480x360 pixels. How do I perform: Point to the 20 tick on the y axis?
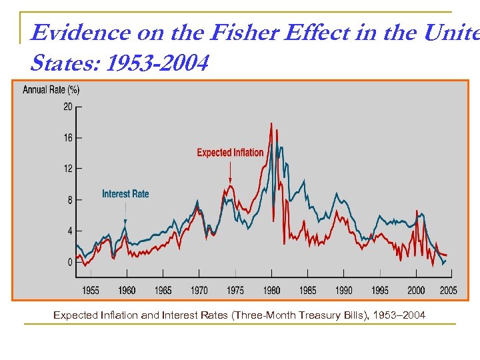pyautogui.click(x=68, y=107)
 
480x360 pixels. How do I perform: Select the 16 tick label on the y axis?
pyautogui.click(x=68, y=138)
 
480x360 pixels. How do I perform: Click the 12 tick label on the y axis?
pyautogui.click(x=68, y=169)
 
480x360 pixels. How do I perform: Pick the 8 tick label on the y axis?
pyautogui.click(x=70, y=200)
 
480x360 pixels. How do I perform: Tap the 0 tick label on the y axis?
pyautogui.click(x=70, y=262)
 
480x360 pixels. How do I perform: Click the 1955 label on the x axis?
pyautogui.click(x=91, y=290)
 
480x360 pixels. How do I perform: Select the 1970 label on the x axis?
pyautogui.click(x=199, y=290)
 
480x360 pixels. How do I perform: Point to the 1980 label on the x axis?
pyautogui.click(x=271, y=290)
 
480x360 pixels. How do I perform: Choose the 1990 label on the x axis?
pyautogui.click(x=343, y=290)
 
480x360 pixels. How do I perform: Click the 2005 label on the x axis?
pyautogui.click(x=448, y=290)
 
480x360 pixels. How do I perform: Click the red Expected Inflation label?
pyautogui.click(x=230, y=153)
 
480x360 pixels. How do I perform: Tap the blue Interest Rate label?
pyautogui.click(x=125, y=194)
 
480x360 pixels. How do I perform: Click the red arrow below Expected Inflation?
pyautogui.click(x=230, y=175)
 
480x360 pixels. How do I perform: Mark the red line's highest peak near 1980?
pyautogui.click(x=271, y=124)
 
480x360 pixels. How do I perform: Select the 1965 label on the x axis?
pyautogui.click(x=163, y=290)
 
